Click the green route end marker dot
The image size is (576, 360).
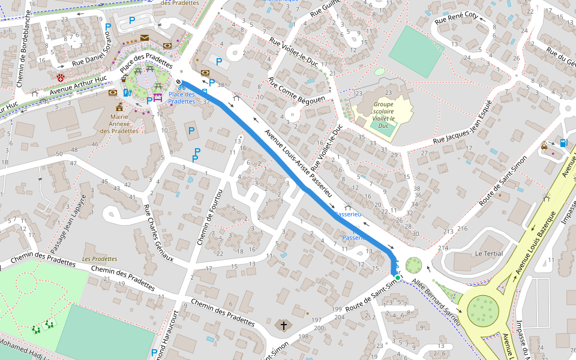[x=397, y=278]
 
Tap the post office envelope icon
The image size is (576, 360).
[x=145, y=38]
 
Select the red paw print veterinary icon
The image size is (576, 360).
[x=61, y=78]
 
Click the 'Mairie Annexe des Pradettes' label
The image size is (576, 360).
[x=119, y=122]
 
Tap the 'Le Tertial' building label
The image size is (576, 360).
[x=488, y=253]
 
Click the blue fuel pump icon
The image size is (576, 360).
[x=563, y=143]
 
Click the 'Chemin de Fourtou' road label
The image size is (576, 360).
[x=210, y=217]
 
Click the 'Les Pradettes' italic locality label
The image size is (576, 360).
[x=100, y=259]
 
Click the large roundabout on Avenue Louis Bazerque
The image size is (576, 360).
[x=483, y=309]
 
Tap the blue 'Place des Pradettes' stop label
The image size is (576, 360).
[x=181, y=98]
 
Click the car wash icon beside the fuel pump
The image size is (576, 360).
[x=544, y=145]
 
